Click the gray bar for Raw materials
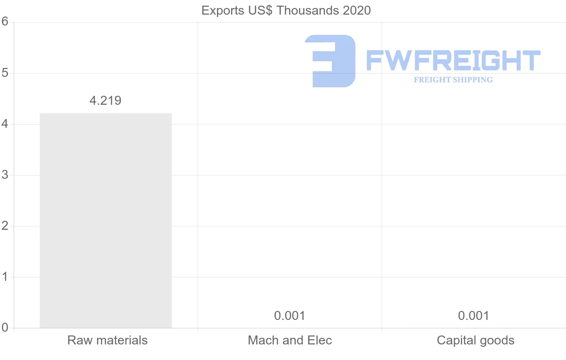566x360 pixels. [106, 220]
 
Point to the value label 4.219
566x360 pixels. [105, 100]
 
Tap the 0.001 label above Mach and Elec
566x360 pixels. [290, 316]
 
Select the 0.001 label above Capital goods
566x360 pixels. [474, 316]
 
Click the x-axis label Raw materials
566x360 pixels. [108, 340]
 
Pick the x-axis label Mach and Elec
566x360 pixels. [290, 340]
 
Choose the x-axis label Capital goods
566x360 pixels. [475, 340]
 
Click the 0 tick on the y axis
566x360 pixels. [5, 327]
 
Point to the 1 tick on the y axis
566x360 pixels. [5, 276]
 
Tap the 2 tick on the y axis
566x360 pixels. [5, 226]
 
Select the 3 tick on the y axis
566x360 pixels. [5, 175]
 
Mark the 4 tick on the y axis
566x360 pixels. [5, 124]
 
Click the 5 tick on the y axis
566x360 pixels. [5, 73]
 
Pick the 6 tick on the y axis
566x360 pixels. [5, 22]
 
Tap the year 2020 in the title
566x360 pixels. [356, 10]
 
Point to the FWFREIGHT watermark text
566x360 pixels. [453, 61]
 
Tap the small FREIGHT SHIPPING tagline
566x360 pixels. [453, 80]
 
